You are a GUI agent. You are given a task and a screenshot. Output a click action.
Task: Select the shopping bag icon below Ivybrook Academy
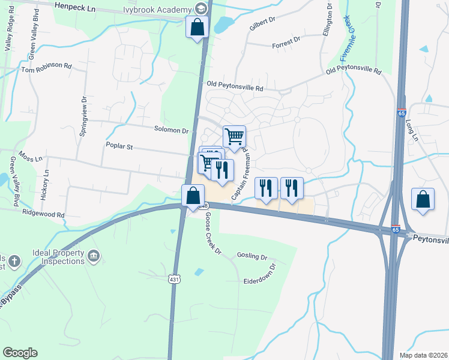pyautogui.click(x=197, y=27)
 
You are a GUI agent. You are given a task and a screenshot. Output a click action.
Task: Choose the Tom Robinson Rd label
pyautogui.click(x=46, y=70)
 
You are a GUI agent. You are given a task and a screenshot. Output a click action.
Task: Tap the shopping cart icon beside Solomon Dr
pyautogui.click(x=234, y=136)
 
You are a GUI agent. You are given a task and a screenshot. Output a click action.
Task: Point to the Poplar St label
pyautogui.click(x=118, y=145)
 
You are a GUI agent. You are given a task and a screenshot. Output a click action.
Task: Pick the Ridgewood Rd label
pyautogui.click(x=43, y=214)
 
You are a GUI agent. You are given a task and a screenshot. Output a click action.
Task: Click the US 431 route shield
pyautogui.click(x=173, y=279)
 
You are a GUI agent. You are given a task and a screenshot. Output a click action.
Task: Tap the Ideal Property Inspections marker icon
pyautogui.click(x=94, y=257)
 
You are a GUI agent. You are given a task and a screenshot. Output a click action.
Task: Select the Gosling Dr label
pyautogui.click(x=252, y=256)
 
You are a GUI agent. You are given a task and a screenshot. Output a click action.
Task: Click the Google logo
pyautogui.click(x=20, y=353)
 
